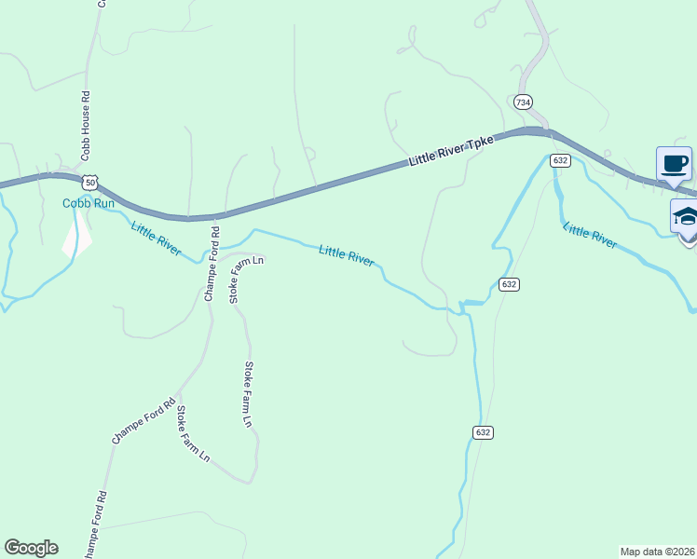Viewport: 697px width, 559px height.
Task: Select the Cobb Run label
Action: click(x=88, y=203)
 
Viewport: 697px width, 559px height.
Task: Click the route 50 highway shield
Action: click(x=89, y=182)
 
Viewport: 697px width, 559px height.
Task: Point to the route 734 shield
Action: click(x=523, y=102)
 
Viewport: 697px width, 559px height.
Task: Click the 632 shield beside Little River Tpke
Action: click(x=559, y=160)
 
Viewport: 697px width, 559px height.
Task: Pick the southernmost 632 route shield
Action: click(x=482, y=432)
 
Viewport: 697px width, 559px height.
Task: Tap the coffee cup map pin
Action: click(x=674, y=165)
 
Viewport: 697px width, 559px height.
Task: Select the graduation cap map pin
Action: click(x=687, y=217)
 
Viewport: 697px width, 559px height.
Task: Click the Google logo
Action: click(x=31, y=548)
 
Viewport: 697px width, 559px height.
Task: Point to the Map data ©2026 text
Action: click(x=656, y=552)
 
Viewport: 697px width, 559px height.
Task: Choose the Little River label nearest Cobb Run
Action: click(x=156, y=238)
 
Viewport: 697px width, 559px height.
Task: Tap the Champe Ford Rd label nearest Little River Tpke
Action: click(x=211, y=264)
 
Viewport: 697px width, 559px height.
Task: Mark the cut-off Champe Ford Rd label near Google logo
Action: click(x=93, y=526)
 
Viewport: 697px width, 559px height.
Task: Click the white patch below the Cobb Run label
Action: click(x=77, y=238)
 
